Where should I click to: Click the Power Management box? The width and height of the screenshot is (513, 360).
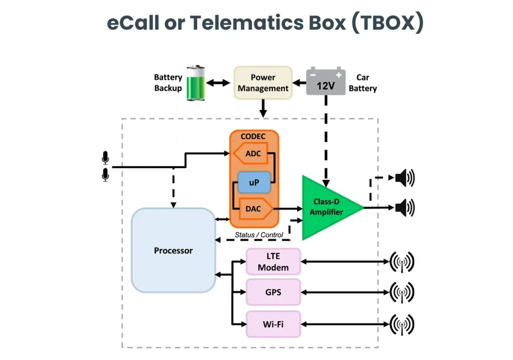(263, 83)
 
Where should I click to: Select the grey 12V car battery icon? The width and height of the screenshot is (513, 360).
(325, 81)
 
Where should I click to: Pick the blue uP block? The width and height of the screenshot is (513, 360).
(253, 182)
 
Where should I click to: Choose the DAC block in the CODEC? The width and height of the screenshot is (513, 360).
(253, 209)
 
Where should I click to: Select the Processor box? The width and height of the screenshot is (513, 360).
(173, 250)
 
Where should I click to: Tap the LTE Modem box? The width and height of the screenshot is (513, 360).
(273, 262)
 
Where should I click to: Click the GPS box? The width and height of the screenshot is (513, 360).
(273, 293)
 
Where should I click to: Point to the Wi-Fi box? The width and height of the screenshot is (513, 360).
(273, 324)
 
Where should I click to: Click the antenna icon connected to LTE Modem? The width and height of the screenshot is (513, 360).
(401, 263)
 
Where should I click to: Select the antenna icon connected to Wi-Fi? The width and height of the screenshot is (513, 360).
(401, 325)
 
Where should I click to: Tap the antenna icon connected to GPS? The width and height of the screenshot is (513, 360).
(401, 293)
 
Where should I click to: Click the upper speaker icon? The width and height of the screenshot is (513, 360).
(404, 178)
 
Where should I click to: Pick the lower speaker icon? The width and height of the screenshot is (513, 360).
(404, 207)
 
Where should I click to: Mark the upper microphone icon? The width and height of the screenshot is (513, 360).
(105, 157)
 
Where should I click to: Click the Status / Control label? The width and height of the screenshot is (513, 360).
(259, 235)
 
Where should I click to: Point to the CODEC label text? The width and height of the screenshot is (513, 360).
(254, 137)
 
